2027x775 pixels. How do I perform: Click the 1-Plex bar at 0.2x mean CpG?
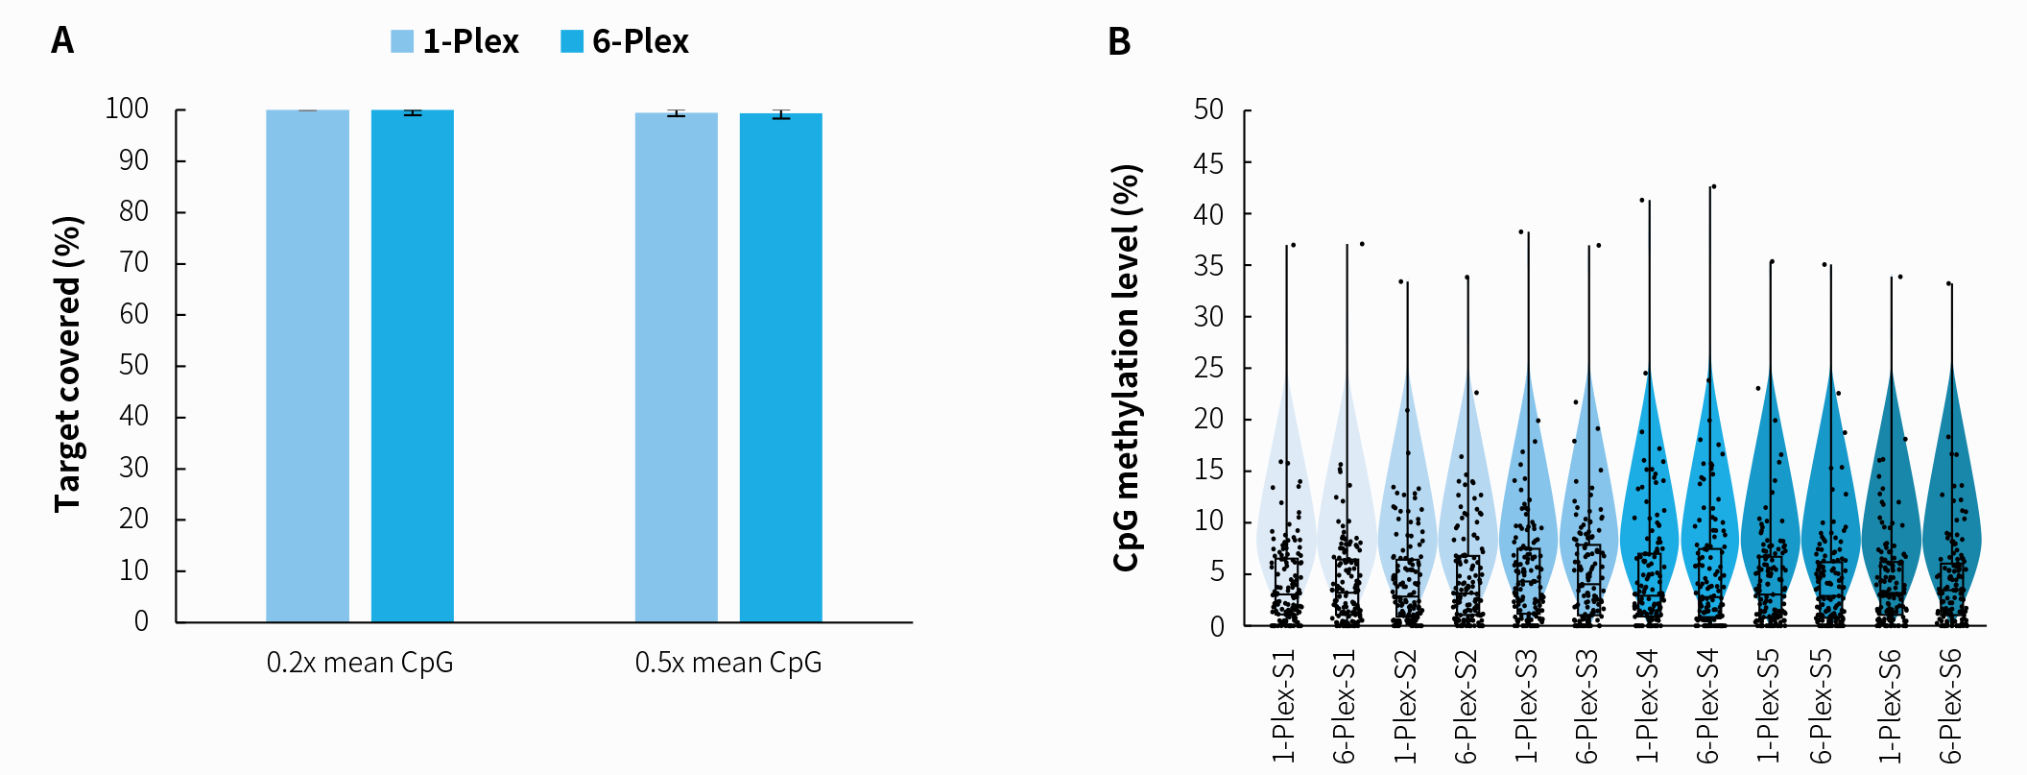307,365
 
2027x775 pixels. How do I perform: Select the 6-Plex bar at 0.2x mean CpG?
413,365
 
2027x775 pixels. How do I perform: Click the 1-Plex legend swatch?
402,41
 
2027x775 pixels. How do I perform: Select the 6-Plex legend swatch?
572,41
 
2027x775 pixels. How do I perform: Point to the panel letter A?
62,41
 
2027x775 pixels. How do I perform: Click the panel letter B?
1119,42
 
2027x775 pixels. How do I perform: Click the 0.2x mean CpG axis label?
360,663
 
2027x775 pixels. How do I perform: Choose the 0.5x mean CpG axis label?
728,663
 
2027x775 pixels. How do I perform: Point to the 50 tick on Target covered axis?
134,365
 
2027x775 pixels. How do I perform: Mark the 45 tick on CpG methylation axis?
1209,163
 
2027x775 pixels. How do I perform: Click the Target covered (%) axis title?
68,365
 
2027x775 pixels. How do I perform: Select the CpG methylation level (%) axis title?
1127,368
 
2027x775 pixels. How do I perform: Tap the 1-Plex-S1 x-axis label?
1284,706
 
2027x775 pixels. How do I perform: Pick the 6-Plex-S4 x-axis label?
1708,706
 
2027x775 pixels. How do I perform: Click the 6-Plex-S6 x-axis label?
1950,706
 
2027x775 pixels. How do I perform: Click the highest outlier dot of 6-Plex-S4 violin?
1713,186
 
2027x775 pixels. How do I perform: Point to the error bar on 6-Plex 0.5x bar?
781,114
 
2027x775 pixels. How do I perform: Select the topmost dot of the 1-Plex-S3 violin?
1521,231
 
